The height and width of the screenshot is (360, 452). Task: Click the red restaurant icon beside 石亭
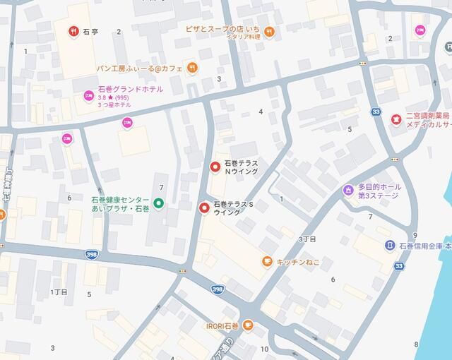[73, 31]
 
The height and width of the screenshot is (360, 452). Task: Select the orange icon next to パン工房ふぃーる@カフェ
[193, 68]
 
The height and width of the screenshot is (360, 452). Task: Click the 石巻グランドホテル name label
[131, 89]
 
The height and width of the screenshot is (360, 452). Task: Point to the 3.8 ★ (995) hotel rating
[114, 97]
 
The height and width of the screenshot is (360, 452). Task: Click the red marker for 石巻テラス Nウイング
[215, 167]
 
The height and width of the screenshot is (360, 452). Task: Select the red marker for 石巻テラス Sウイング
[204, 208]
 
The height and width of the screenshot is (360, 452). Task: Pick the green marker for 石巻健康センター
[159, 204]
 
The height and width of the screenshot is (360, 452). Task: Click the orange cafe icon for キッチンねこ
[267, 261]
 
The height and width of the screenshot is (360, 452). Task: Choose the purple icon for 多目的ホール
[347, 190]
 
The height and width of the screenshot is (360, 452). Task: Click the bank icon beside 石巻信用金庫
[390, 245]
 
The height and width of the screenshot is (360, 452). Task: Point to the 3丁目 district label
[308, 239]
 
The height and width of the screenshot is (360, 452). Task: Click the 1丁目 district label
[59, 292]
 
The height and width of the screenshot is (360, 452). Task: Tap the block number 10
[264, 349]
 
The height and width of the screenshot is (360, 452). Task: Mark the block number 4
[261, 112]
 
